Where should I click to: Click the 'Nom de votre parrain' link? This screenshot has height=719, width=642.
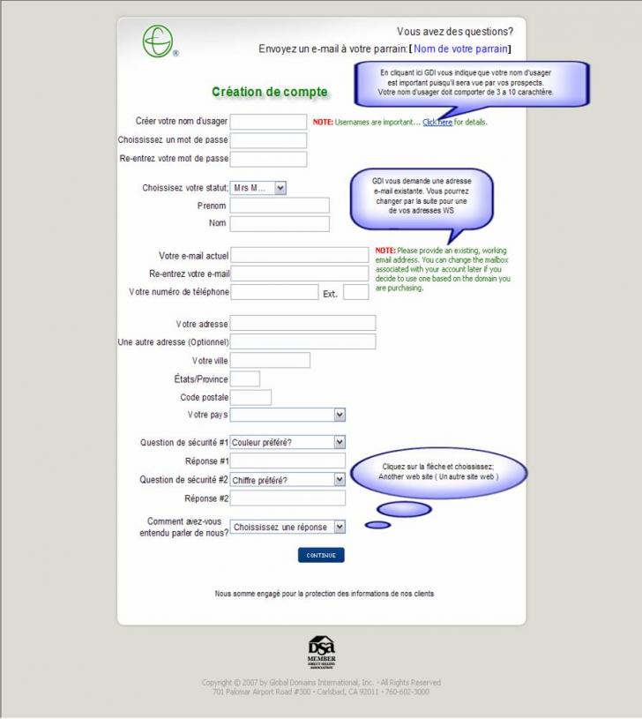pyautogui.click(x=461, y=49)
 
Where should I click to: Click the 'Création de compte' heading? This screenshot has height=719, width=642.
pyautogui.click(x=270, y=92)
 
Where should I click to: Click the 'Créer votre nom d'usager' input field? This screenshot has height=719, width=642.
pyautogui.click(x=268, y=122)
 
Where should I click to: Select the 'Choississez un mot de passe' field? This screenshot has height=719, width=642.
pyautogui.click(x=268, y=140)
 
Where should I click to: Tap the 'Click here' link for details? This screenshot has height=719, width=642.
pyautogui.click(x=437, y=123)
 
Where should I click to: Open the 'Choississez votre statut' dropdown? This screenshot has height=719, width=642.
pyautogui.click(x=258, y=188)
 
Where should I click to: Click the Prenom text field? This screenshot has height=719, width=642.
pyautogui.click(x=280, y=206)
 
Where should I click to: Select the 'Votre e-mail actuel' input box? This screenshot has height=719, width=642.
pyautogui.click(x=300, y=255)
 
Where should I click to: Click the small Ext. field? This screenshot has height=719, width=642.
pyautogui.click(x=355, y=292)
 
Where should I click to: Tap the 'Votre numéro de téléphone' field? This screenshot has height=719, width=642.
pyautogui.click(x=274, y=292)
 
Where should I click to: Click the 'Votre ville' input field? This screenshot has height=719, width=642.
pyautogui.click(x=270, y=360)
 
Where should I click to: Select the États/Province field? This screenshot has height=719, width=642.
pyautogui.click(x=245, y=379)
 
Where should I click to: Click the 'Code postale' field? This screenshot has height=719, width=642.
pyautogui.click(x=250, y=398)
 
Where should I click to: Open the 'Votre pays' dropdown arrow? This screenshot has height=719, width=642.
pyautogui.click(x=340, y=415)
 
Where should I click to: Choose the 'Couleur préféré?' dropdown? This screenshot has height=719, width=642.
pyautogui.click(x=287, y=442)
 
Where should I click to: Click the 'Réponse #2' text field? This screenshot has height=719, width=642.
pyautogui.click(x=287, y=498)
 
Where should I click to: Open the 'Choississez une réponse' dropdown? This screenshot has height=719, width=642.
pyautogui.click(x=287, y=528)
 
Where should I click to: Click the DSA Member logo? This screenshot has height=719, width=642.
pyautogui.click(x=321, y=652)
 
